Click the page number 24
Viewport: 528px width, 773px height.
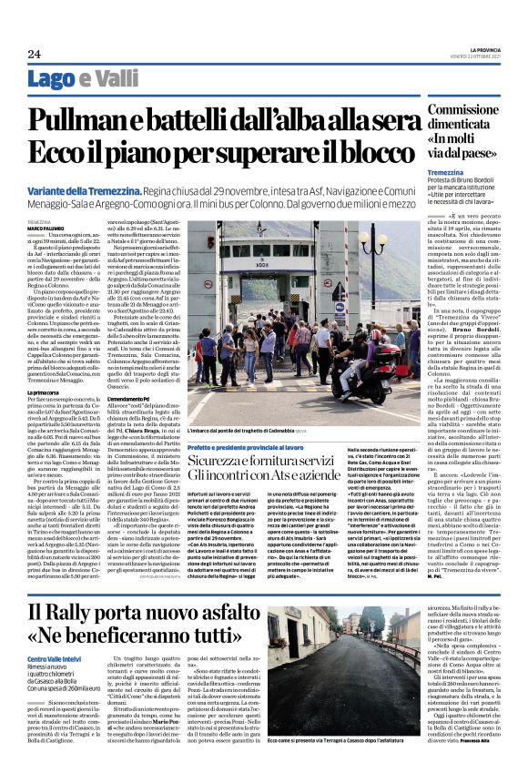point(34,55)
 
